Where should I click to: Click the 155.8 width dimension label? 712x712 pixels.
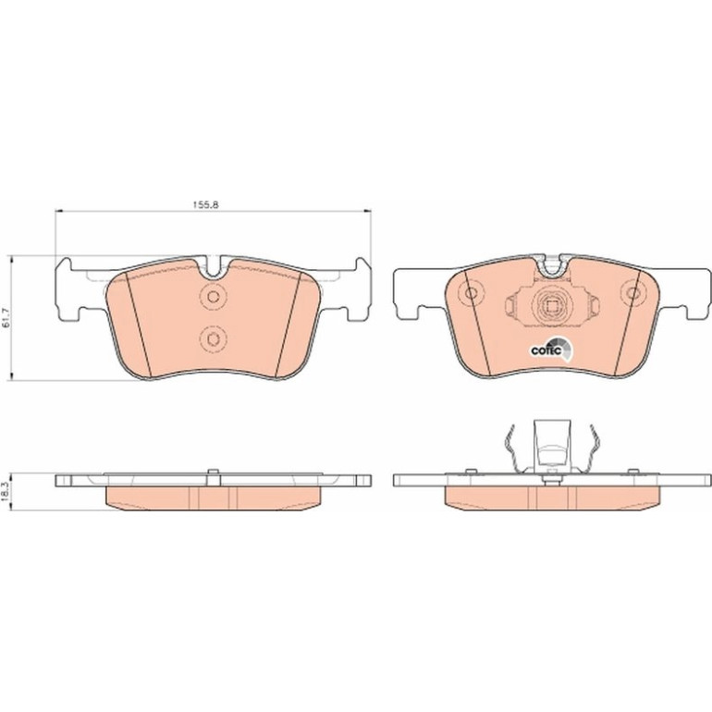[x=206, y=204]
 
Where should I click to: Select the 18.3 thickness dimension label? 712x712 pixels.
[x=6, y=492]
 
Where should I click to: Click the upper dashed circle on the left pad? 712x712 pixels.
[x=213, y=297]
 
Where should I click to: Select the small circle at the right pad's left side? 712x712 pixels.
[x=472, y=293]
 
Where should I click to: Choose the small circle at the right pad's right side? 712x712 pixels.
[x=632, y=293]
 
